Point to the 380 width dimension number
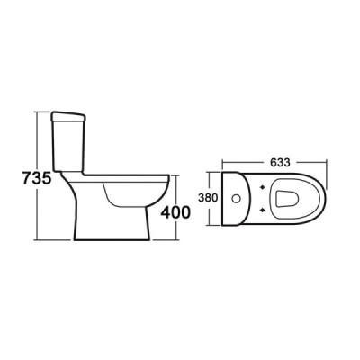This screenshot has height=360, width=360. point(208,195)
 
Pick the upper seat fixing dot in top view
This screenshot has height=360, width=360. point(263,185)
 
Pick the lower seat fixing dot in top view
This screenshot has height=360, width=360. point(263,206)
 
